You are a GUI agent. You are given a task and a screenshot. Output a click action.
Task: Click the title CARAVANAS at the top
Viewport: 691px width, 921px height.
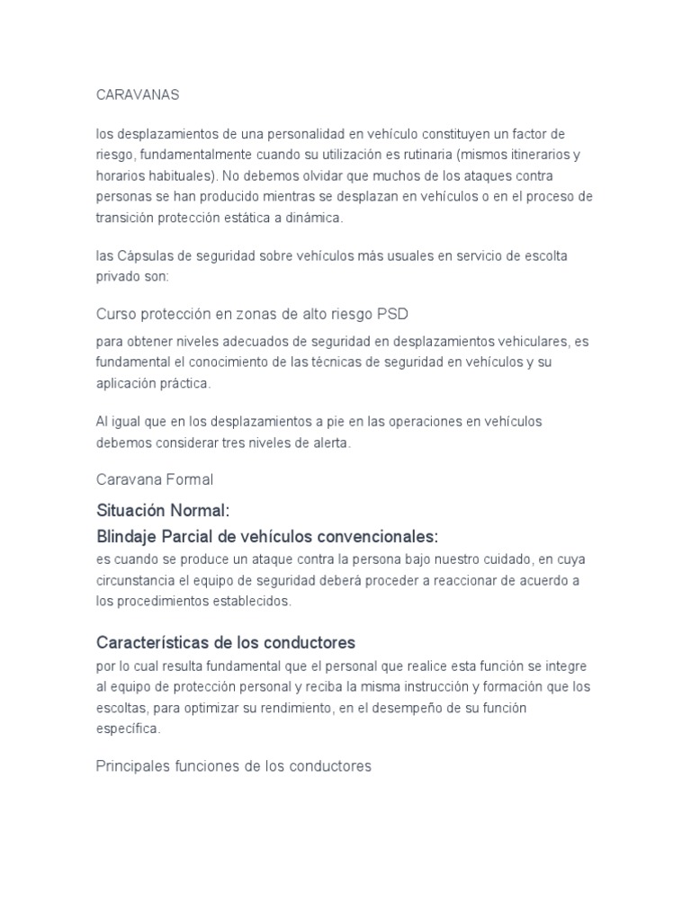coord(138,94)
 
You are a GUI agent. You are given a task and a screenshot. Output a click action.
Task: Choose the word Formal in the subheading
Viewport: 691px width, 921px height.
coord(184,480)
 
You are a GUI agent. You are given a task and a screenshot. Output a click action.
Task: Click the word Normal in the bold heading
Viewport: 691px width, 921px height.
coord(202,511)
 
